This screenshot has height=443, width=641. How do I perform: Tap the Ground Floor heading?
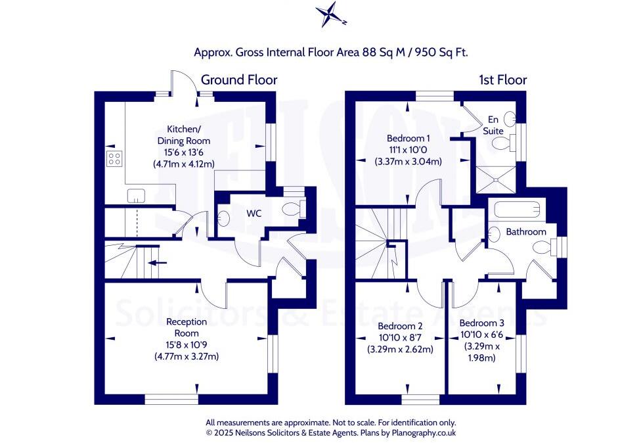238,80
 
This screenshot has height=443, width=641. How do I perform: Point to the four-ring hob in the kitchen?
114,158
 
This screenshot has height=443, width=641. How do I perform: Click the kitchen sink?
137,195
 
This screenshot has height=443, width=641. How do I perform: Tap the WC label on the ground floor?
255,214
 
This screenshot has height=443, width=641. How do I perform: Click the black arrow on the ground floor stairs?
158,263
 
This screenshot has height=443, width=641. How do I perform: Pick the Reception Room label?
187,327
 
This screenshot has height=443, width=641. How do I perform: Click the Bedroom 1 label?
408,139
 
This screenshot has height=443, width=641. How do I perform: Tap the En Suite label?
494,125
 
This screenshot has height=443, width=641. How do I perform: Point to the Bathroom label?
525,232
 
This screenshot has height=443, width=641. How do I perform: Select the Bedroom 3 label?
481,323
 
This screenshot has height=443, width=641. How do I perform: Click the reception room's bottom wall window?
171,398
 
